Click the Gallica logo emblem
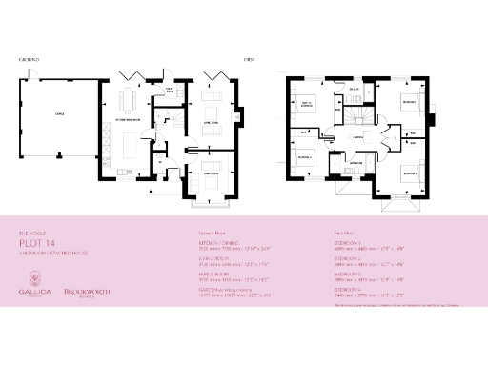point(33,278)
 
